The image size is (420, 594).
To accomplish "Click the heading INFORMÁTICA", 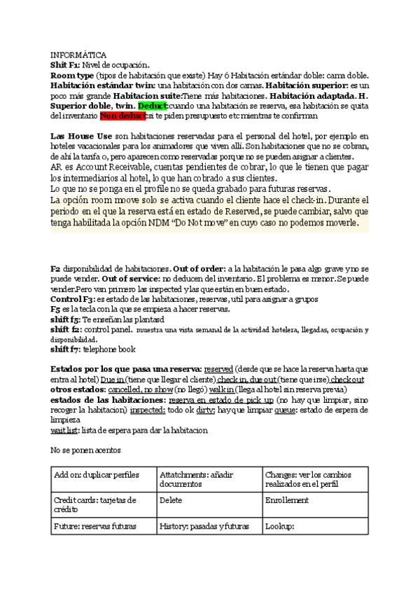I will coord(78,55).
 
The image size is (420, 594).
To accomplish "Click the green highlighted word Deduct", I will coord(153,105).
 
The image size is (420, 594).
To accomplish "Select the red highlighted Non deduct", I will coord(122,116).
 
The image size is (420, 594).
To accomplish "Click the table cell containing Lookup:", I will coord(314,527).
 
